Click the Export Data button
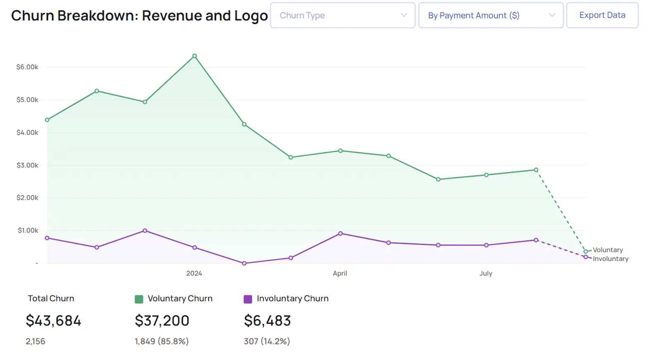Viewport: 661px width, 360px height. (x=602, y=15)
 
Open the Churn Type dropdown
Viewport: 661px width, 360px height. (x=342, y=15)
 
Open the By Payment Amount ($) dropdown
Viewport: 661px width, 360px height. (x=491, y=15)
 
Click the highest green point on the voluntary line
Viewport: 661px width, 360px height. (x=195, y=56)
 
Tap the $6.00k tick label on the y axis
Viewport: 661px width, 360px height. (x=27, y=67)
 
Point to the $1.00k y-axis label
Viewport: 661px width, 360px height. (x=28, y=230)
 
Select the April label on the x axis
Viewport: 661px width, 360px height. (x=340, y=274)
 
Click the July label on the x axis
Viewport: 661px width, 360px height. (x=486, y=274)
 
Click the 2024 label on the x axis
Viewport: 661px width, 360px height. (x=194, y=274)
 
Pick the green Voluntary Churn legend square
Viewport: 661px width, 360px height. (x=139, y=299)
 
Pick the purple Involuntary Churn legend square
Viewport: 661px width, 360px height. (x=248, y=299)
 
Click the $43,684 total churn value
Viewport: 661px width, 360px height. (x=53, y=321)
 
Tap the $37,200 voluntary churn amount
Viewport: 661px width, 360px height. (x=162, y=321)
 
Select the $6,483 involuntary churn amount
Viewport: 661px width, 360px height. (x=267, y=321)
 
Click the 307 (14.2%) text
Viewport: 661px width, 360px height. (x=267, y=341)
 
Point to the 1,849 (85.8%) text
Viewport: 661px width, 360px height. (x=162, y=341)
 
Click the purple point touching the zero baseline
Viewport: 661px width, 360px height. (x=244, y=263)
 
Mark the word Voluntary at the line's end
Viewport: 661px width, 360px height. (x=608, y=250)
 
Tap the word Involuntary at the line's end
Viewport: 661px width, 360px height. (x=611, y=259)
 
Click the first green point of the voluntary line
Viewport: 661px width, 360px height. (x=47, y=120)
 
